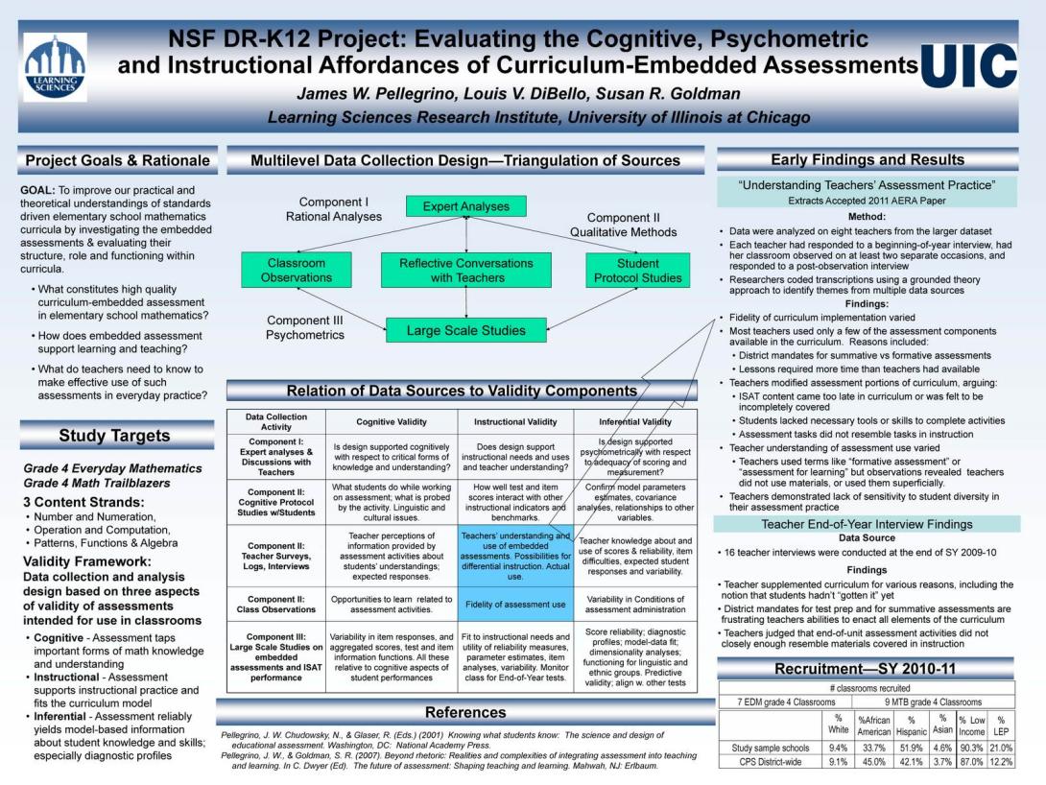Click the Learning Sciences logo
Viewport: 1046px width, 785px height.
tap(56, 67)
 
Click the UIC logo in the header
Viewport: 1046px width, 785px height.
tap(969, 66)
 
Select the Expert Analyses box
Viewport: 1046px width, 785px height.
tap(465, 206)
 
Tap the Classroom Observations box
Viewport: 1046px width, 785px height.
tap(297, 270)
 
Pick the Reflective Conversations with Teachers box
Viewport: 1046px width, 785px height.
tap(466, 270)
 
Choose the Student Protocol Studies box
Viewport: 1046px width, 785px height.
tap(638, 270)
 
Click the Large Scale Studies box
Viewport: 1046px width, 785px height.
tap(466, 330)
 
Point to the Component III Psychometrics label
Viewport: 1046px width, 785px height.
tap(305, 327)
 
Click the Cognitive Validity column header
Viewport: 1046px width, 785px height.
tap(392, 421)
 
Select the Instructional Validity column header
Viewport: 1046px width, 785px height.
tap(515, 421)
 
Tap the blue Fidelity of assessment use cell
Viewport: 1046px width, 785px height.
tap(515, 605)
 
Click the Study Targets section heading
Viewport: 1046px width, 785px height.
tap(115, 436)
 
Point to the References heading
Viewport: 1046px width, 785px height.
tap(465, 712)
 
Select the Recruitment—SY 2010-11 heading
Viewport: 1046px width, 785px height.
tap(866, 668)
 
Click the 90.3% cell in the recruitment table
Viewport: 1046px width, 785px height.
tap(971, 749)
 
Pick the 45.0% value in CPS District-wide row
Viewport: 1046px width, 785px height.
tap(874, 762)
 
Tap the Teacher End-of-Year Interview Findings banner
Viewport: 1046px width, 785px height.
tap(867, 524)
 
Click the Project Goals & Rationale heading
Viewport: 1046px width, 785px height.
tap(117, 160)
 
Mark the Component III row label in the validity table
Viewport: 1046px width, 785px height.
tap(276, 657)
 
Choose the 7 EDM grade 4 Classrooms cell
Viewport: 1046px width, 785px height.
tap(786, 702)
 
